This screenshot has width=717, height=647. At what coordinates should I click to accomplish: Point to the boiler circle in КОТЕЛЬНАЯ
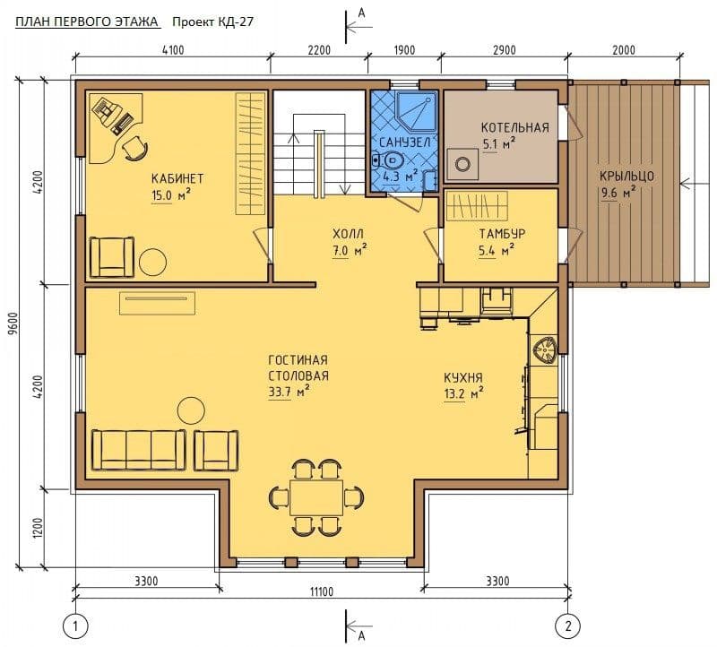(463, 164)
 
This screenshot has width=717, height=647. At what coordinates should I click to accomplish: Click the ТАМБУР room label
(502, 234)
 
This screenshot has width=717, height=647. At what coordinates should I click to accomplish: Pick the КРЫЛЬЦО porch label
(626, 176)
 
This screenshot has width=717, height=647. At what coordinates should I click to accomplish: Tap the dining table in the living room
(316, 496)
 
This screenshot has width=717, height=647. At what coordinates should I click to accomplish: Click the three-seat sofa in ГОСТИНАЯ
(139, 450)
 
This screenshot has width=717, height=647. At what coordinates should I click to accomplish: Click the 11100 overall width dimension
(322, 591)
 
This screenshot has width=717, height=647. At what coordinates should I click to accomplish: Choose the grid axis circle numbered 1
(75, 625)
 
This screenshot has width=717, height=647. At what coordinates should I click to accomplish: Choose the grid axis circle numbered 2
(568, 625)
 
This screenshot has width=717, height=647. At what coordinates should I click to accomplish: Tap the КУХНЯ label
(463, 377)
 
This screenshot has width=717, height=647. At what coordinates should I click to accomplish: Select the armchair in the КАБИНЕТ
(113, 257)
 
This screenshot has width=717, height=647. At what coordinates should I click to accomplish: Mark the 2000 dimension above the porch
(624, 49)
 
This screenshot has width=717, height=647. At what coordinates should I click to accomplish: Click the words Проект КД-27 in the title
(212, 22)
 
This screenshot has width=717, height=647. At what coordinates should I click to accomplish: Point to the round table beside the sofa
(191, 410)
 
